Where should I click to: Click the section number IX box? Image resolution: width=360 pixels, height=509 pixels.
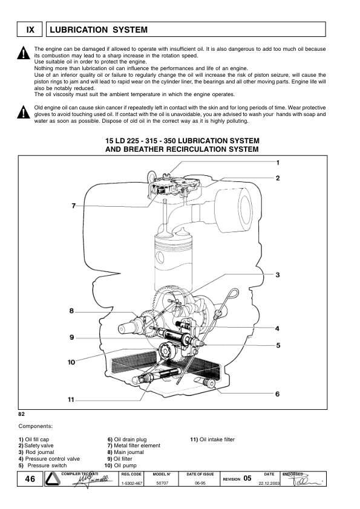[30, 30]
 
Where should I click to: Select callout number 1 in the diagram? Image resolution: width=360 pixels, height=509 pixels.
[278, 163]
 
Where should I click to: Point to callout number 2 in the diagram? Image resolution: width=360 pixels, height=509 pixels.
[278, 178]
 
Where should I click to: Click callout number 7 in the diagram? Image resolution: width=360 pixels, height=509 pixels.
[74, 206]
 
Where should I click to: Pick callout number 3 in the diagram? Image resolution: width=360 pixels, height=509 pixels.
[278, 275]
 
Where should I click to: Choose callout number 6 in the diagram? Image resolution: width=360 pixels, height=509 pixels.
[278, 394]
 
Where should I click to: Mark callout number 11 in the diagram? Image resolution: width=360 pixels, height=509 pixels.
[71, 400]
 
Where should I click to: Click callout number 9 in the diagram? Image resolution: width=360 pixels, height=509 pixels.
[71, 337]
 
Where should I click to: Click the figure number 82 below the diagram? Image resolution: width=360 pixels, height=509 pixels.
[22, 415]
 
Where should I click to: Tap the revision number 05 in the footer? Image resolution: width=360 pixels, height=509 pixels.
[247, 478]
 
